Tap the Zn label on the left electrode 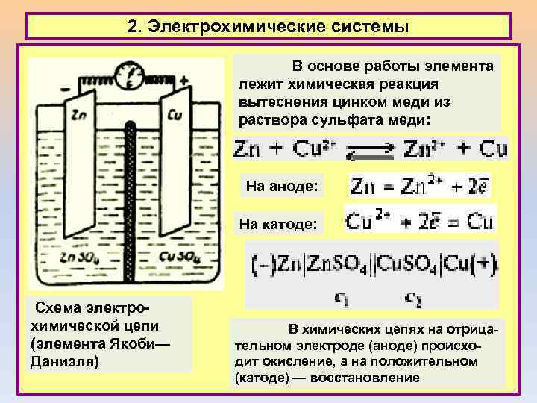tap(78, 115)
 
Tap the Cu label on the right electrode tap(175, 116)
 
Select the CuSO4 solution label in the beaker tap(178, 259)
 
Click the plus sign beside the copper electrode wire tap(183, 81)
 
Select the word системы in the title tap(368, 27)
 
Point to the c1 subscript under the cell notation tap(342, 299)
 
